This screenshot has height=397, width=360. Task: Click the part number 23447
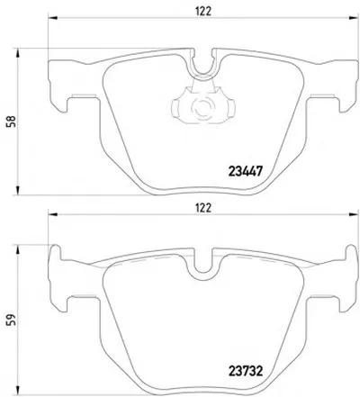point(246,172)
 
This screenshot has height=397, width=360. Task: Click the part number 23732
point(246,371)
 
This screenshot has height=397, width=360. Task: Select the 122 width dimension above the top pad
point(203,12)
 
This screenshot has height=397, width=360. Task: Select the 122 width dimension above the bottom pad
point(203,208)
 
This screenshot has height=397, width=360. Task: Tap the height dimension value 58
point(12,122)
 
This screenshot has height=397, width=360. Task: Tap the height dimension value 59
point(12,320)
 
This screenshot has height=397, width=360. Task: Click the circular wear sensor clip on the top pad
point(203,107)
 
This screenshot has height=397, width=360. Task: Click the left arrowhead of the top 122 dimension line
point(52,18)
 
